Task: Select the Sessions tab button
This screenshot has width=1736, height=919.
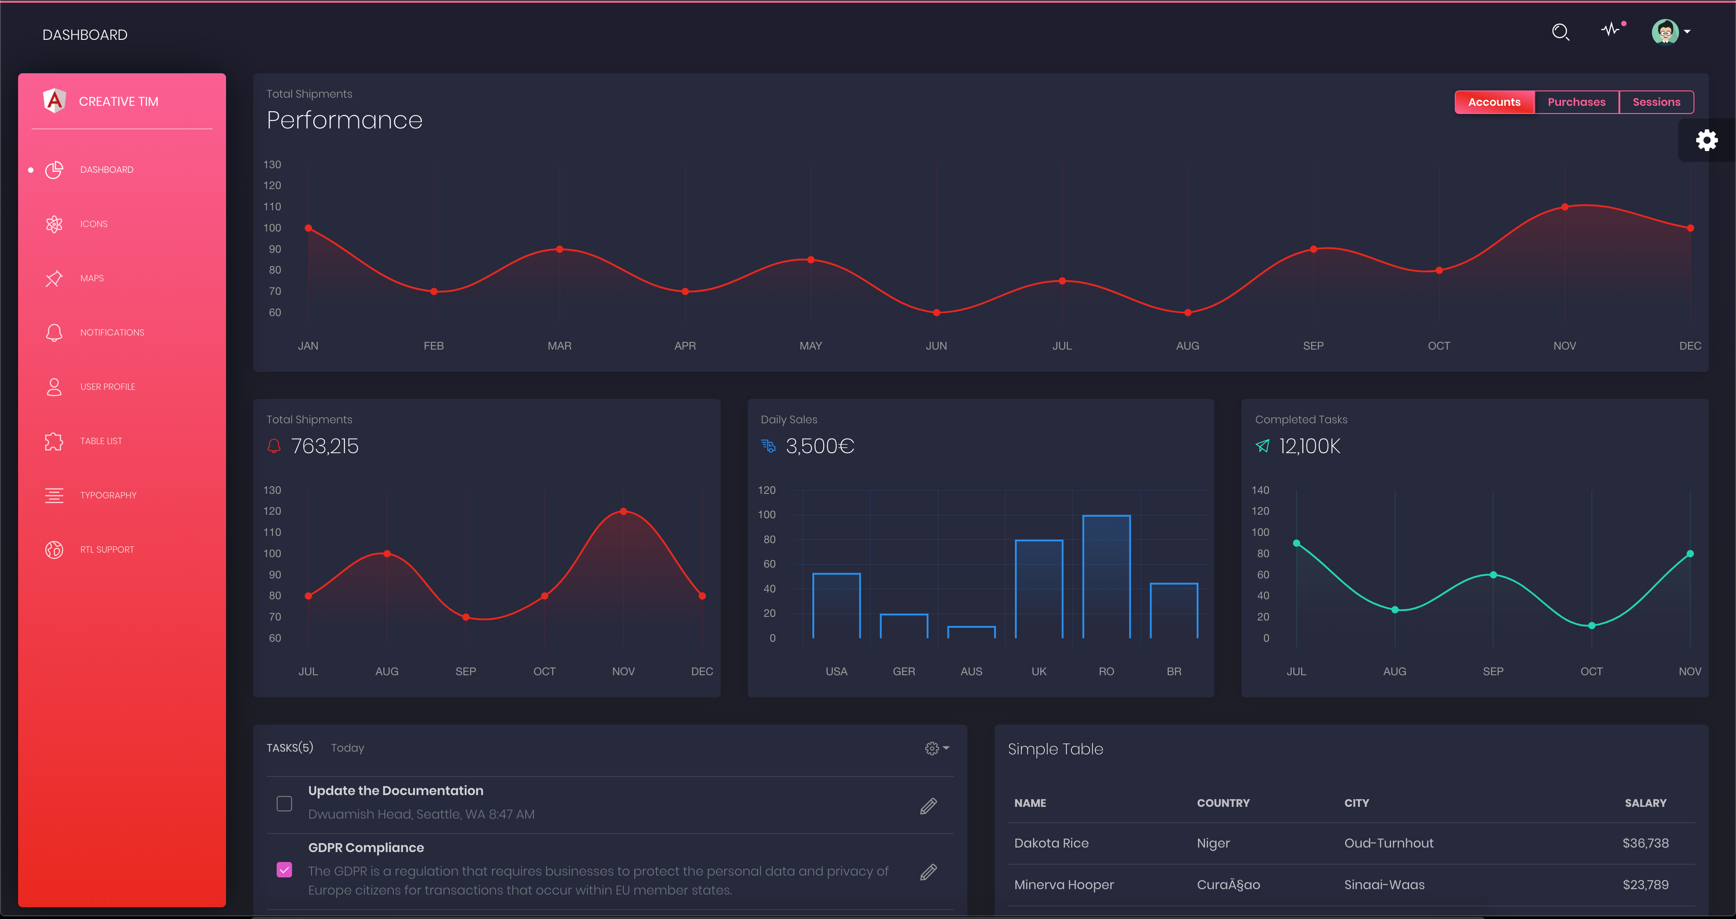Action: (x=1656, y=102)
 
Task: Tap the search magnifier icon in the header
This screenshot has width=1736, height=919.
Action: (x=1560, y=32)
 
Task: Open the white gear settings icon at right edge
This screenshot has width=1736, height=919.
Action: (x=1706, y=140)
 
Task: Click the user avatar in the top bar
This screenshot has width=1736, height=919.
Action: (x=1665, y=31)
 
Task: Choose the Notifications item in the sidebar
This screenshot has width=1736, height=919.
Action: (x=112, y=332)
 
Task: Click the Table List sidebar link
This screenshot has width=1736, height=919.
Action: (x=101, y=441)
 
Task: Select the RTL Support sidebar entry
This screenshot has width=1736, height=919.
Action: (x=107, y=550)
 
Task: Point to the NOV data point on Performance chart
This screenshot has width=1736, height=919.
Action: (x=1564, y=207)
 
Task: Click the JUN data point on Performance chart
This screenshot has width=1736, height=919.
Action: (x=936, y=312)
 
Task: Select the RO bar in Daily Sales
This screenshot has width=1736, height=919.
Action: (x=1106, y=577)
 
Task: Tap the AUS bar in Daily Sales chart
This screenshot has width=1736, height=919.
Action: (x=971, y=632)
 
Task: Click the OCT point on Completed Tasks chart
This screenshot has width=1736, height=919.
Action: (x=1591, y=625)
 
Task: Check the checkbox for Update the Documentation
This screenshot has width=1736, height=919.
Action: (x=284, y=803)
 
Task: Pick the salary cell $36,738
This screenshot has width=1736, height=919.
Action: (x=1645, y=843)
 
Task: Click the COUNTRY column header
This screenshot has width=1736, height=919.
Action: (x=1222, y=802)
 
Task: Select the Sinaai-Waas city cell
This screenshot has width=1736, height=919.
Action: (x=1383, y=885)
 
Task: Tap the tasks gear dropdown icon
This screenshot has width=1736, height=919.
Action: (x=936, y=748)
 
